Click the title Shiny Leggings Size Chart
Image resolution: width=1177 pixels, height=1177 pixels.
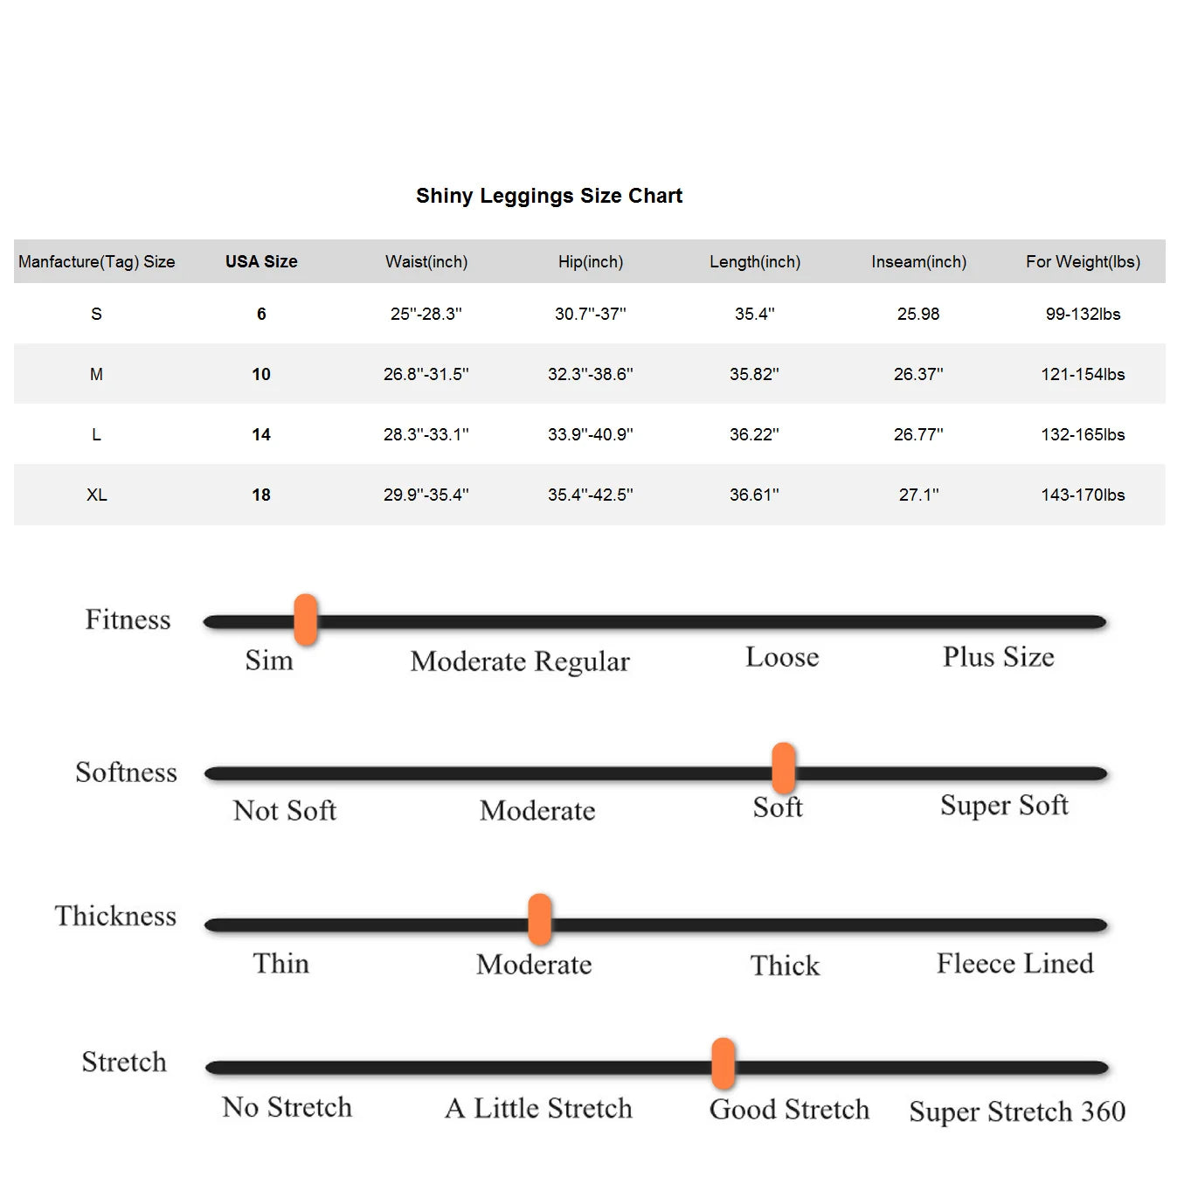549,196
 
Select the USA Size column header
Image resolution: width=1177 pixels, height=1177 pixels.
261,261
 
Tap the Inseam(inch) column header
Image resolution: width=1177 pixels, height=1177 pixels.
918,261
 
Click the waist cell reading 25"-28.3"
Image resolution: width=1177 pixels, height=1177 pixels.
426,314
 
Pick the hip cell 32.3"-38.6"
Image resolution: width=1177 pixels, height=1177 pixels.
590,374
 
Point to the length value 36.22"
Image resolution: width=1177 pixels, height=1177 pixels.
754,434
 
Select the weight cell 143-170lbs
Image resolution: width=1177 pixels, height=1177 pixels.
1083,495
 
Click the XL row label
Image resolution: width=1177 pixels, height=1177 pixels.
96,495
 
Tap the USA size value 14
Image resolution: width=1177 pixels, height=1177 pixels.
261,434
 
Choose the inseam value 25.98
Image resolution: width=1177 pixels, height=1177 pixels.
918,314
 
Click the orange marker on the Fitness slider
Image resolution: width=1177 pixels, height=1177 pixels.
306,620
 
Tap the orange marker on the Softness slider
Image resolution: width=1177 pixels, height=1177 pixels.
784,768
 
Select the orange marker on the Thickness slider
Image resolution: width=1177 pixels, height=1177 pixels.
540,919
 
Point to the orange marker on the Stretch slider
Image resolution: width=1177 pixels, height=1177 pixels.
724,1063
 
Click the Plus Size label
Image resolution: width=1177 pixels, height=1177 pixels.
998,657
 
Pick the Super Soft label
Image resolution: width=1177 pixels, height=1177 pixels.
1004,805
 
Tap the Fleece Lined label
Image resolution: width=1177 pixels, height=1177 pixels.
1014,963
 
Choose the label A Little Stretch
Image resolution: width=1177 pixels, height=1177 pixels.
538,1108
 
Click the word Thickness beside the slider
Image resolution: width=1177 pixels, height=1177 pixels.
115,916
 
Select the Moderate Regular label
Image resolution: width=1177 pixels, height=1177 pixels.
520,661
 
